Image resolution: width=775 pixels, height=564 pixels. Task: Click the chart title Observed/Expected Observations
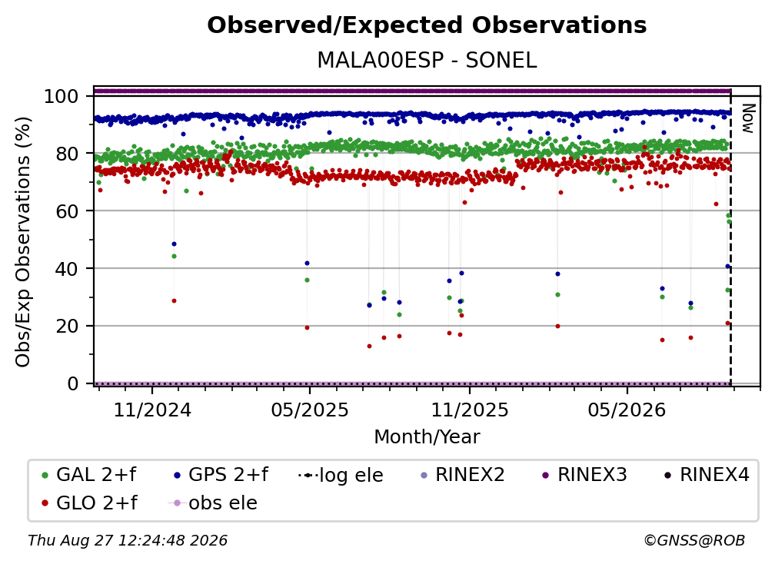pyautogui.click(x=427, y=25)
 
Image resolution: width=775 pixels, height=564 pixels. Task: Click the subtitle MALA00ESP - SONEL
pyautogui.click(x=427, y=60)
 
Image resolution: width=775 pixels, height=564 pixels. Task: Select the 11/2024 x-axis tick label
pyautogui.click(x=152, y=410)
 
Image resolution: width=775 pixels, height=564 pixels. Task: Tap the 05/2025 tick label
pyautogui.click(x=310, y=410)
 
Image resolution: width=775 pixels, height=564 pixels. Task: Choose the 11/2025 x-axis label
pyautogui.click(x=470, y=410)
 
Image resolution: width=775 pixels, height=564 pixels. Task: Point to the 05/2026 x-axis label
pyautogui.click(x=627, y=410)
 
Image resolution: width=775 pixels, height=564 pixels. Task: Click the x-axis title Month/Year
pyautogui.click(x=427, y=436)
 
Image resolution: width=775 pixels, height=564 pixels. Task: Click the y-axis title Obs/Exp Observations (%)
pyautogui.click(x=23, y=242)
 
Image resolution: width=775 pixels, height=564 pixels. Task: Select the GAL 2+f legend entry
pyautogui.click(x=88, y=475)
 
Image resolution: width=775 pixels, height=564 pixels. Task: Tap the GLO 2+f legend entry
pyautogui.click(x=88, y=503)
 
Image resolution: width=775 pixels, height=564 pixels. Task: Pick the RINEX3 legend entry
pyautogui.click(x=584, y=475)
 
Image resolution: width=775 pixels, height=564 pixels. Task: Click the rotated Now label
pyautogui.click(x=748, y=118)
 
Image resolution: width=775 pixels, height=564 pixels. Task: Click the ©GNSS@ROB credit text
pyautogui.click(x=694, y=540)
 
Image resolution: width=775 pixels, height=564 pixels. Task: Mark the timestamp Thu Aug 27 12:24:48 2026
pyautogui.click(x=128, y=540)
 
